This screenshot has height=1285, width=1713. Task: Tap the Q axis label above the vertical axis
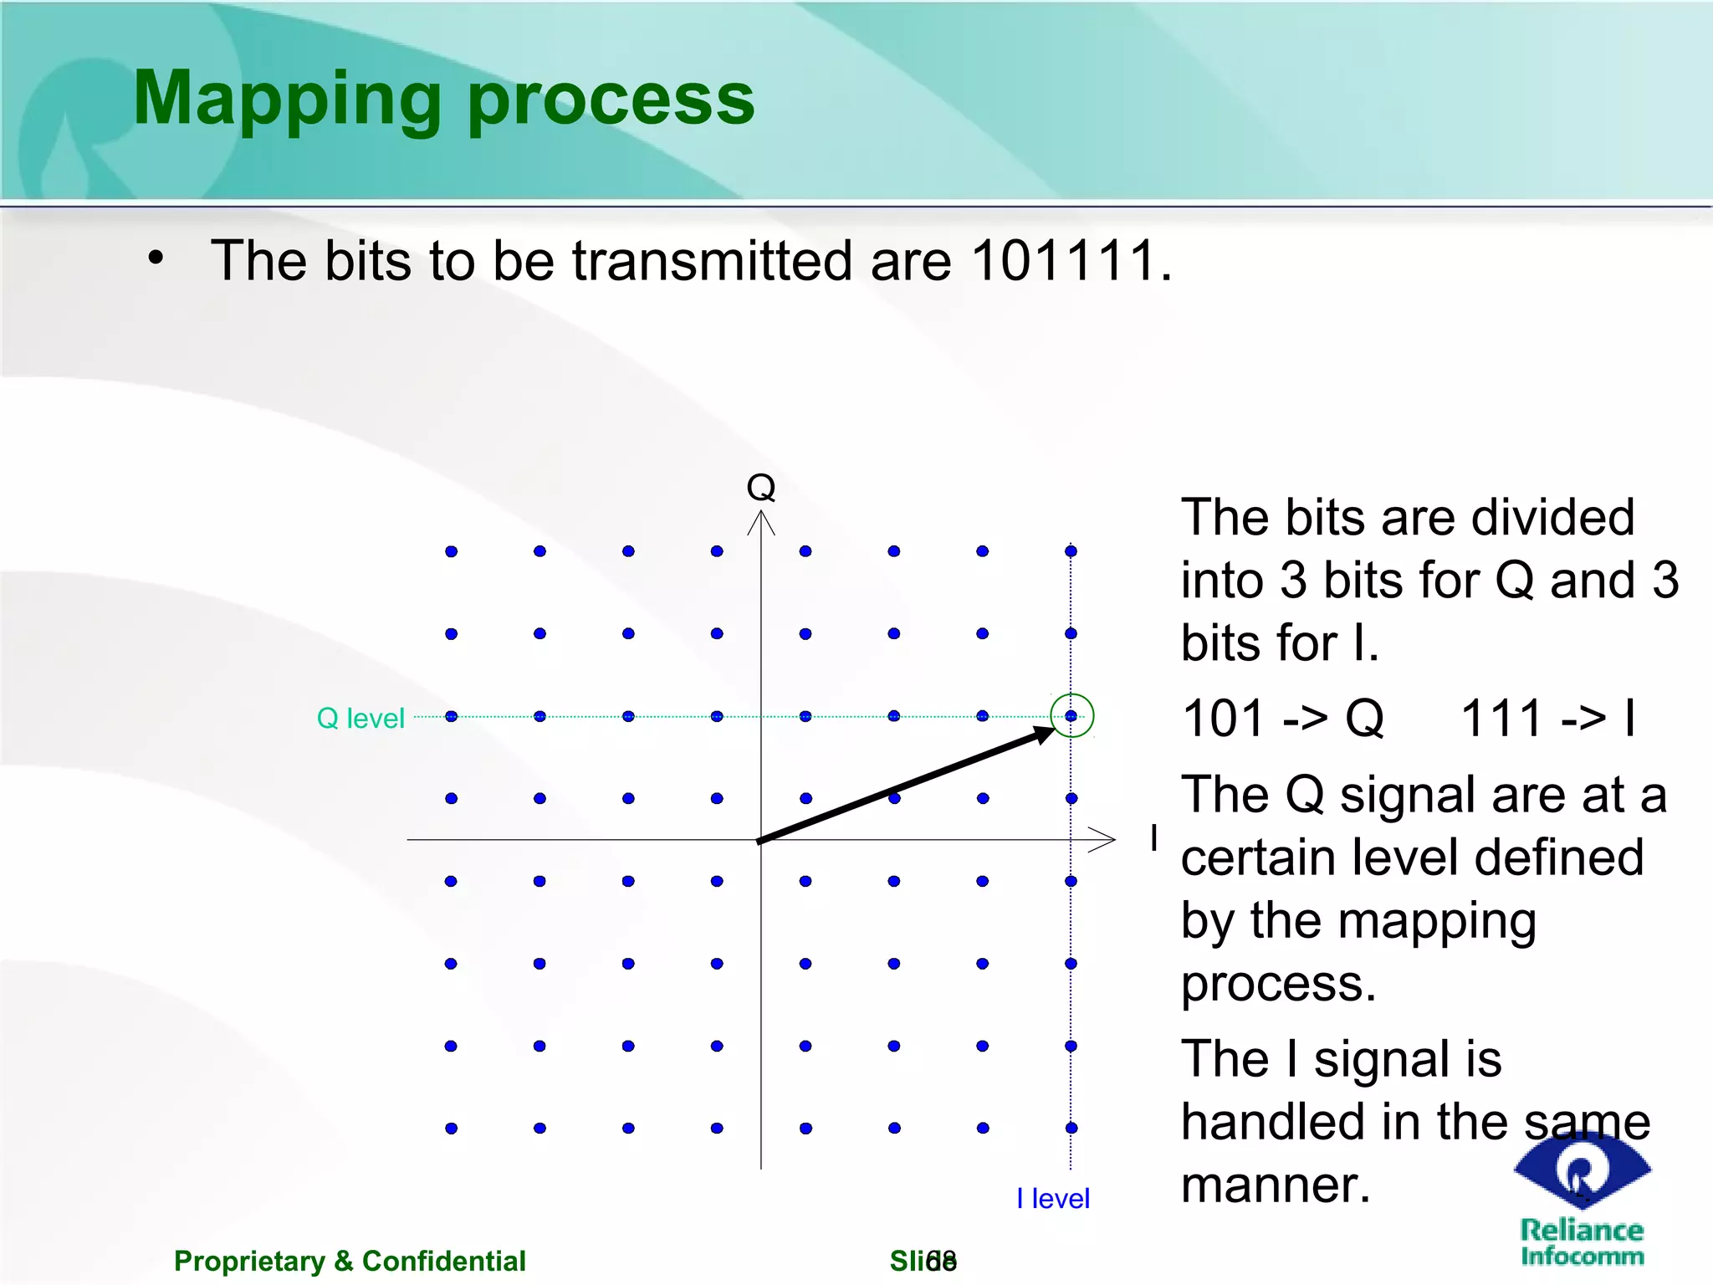tap(760, 487)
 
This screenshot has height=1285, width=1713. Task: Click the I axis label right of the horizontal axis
tap(1154, 837)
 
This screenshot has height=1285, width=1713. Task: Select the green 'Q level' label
tap(360, 718)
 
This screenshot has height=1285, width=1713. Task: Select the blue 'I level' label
tap(1052, 1198)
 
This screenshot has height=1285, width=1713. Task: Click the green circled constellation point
tap(1071, 716)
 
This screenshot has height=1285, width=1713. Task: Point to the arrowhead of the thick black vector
tap(1046, 734)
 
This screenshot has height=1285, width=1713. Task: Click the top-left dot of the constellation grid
tap(451, 551)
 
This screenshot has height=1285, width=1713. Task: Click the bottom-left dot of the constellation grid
tap(451, 1128)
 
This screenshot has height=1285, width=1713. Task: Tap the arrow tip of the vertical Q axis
tap(761, 515)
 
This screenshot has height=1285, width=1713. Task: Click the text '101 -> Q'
tap(1282, 718)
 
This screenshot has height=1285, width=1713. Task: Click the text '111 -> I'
tap(1547, 718)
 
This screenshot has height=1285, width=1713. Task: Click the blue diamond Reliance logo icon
tap(1581, 1170)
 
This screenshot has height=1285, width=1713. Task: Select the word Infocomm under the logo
tap(1582, 1256)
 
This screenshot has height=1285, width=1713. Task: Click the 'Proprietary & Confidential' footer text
tap(350, 1261)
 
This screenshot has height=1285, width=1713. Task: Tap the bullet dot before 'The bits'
tap(156, 259)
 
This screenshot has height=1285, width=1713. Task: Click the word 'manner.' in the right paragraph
tap(1276, 1185)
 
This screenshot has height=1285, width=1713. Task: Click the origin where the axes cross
tap(761, 839)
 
